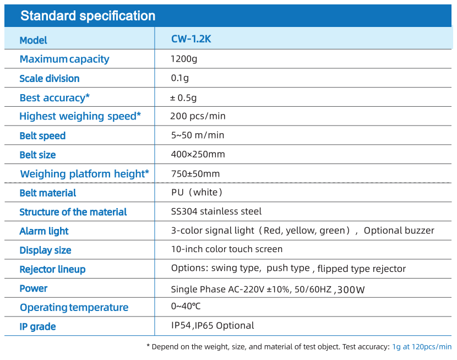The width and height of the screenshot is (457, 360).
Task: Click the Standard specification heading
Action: click(x=88, y=16)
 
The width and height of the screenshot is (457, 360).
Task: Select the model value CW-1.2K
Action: click(x=191, y=39)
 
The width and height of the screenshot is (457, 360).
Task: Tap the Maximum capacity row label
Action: click(x=64, y=59)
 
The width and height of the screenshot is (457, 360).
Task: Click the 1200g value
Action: click(x=184, y=59)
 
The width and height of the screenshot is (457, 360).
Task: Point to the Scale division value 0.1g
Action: click(x=180, y=78)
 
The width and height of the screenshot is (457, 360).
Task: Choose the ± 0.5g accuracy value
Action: click(x=183, y=97)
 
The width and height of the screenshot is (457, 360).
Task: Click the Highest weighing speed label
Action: click(x=80, y=116)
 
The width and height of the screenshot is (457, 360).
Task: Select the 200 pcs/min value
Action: click(x=198, y=116)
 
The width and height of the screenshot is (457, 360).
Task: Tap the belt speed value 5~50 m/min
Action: click(x=198, y=135)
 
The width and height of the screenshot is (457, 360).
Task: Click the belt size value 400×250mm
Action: click(x=198, y=154)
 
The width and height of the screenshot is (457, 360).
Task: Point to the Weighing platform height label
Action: click(x=85, y=174)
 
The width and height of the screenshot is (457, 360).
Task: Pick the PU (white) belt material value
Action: click(x=197, y=192)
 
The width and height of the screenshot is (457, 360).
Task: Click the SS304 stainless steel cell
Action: click(x=216, y=211)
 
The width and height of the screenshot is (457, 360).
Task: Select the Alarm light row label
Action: click(x=44, y=231)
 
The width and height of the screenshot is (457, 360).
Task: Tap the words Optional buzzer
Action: click(x=399, y=231)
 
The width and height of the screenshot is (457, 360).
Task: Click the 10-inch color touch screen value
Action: click(x=227, y=249)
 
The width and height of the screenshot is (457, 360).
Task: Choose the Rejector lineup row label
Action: click(x=52, y=269)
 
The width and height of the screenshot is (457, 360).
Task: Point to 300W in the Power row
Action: click(x=351, y=290)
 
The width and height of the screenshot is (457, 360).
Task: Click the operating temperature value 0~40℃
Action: click(x=186, y=306)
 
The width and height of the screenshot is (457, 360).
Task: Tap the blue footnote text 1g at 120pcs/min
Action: click(x=422, y=347)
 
